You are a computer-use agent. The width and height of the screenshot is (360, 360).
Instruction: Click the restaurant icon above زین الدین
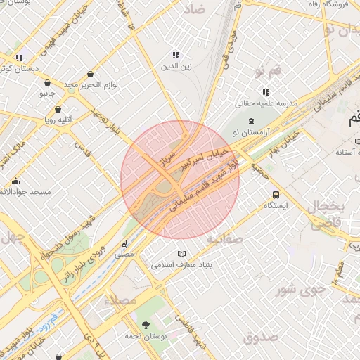tap(176, 55)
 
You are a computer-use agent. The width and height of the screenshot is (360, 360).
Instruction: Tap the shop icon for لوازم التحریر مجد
tap(91, 75)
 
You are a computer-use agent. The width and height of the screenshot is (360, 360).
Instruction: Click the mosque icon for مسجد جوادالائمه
tap(16, 181)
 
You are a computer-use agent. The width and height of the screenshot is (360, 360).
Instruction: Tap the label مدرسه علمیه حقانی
tap(266, 103)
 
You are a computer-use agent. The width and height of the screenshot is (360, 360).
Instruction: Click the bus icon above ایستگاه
tap(275, 195)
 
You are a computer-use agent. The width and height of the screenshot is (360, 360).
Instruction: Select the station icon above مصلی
tap(124, 243)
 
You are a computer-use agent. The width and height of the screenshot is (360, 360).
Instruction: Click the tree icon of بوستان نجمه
tap(146, 325)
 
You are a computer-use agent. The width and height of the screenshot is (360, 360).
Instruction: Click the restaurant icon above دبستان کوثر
tap(20, 58)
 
